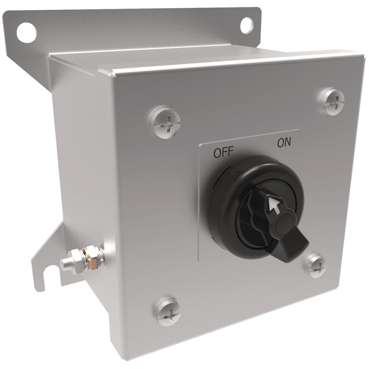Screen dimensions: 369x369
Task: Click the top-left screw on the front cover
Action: pos(166,122)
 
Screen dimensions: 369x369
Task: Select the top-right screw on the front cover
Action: pos(332,101)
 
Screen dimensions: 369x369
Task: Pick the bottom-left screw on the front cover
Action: pos(168,312)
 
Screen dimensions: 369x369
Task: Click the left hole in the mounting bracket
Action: pos(27,32)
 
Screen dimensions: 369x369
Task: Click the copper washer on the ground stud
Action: pos(90,258)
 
